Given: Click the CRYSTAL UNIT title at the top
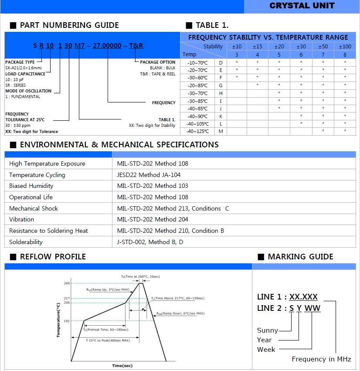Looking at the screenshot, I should (302, 6).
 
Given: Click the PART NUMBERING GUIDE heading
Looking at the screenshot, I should (69, 25).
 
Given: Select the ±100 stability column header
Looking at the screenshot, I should (345, 47).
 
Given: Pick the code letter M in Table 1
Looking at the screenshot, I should (221, 131).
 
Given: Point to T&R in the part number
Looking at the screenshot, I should (136, 46).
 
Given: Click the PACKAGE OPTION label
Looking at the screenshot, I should (157, 62).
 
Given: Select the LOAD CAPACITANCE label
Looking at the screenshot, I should (25, 74).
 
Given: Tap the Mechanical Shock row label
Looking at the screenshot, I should (34, 208).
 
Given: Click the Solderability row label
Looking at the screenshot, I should (26, 242).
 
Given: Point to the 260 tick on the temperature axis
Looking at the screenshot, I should (67, 283).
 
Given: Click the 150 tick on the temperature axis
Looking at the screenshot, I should (67, 321).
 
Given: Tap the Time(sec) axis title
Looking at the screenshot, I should (122, 365).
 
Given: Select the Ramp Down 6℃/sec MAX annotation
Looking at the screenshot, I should (180, 313).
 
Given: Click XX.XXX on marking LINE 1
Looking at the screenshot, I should (304, 297).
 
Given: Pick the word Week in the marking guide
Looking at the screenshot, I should (266, 349).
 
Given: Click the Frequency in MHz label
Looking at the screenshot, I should (321, 359).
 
